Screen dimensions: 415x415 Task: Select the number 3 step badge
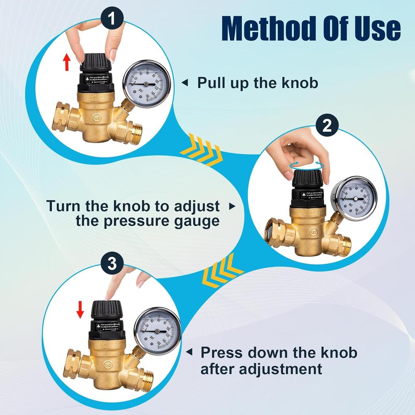point(113,264)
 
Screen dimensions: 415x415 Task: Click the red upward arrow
point(67,63)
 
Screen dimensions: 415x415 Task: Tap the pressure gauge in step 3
point(157,330)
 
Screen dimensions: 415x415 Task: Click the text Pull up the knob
point(257,83)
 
